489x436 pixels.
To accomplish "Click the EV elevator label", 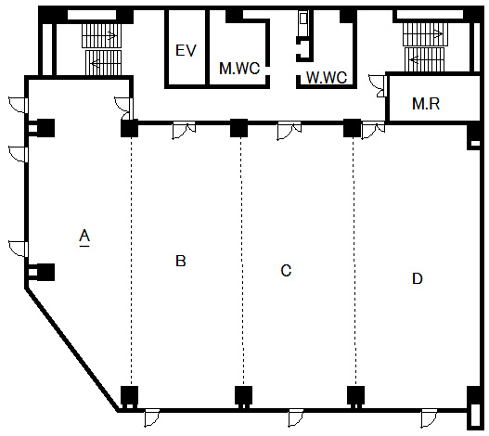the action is [186, 50].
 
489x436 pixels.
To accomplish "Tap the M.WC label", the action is [239, 69].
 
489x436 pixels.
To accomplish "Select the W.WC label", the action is [327, 78].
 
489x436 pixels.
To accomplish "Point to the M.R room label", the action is [426, 104].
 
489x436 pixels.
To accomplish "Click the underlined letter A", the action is [84, 237].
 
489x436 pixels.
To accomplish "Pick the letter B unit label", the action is [181, 261].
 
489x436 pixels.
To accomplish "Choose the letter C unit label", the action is [286, 270].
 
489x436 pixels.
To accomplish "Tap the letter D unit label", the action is [418, 278].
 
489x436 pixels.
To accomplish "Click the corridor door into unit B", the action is [184, 130].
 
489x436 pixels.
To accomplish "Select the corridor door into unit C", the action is [290, 131].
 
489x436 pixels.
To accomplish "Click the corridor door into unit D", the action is [373, 130].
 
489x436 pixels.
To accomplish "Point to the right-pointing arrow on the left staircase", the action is [110, 35].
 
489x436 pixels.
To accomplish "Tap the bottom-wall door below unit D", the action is [429, 418].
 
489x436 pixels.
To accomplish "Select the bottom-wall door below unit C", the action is [296, 418].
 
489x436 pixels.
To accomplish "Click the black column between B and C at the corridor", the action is [238, 128].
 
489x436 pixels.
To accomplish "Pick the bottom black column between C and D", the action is [355, 395].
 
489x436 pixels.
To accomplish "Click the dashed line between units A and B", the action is [131, 262].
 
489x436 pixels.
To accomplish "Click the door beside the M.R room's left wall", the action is [378, 86].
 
